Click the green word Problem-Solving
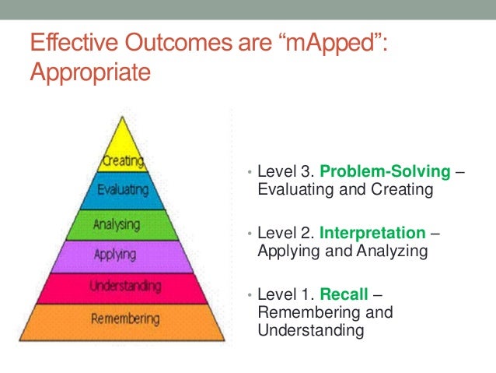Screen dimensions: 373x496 [384, 171]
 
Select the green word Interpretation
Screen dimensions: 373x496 [372, 233]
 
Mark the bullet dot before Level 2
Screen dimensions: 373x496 [248, 234]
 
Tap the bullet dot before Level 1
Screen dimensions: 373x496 [248, 296]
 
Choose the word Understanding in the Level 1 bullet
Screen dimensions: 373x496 [310, 330]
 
